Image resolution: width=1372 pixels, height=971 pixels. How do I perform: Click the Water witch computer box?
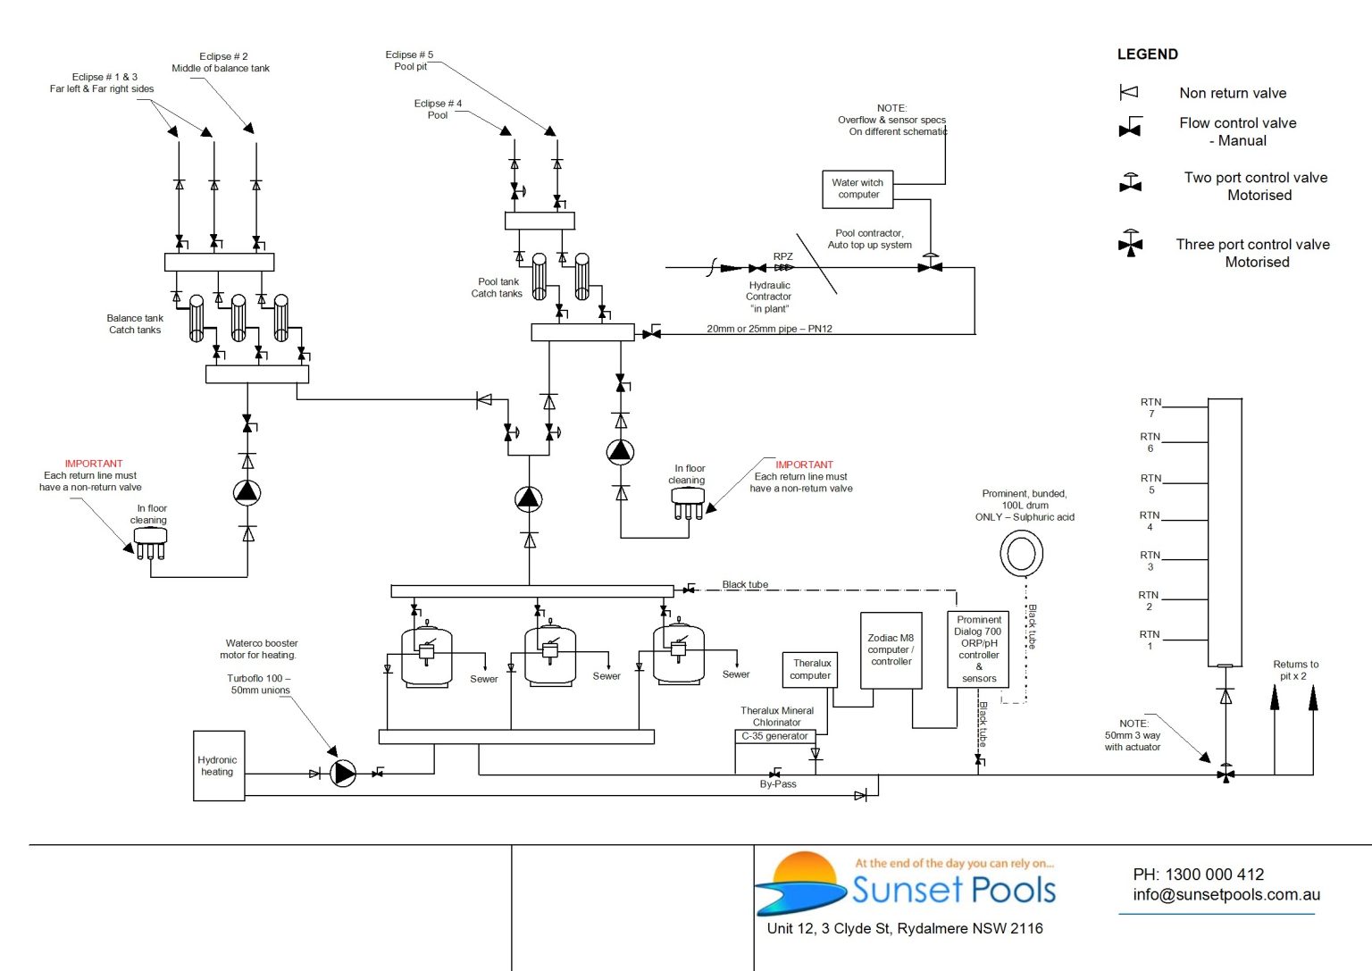(857, 188)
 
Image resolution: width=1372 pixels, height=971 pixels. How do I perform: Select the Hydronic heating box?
(219, 766)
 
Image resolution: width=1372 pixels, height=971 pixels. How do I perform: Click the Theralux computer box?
(810, 670)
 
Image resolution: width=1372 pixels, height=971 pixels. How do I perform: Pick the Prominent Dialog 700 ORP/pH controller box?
(978, 649)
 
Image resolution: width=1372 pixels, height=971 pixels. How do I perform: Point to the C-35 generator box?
(774, 737)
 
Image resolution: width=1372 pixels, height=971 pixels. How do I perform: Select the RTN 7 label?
(1150, 407)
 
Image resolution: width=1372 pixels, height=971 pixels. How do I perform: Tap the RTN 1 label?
(1150, 640)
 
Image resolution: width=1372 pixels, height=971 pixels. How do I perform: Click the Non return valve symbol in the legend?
(1129, 93)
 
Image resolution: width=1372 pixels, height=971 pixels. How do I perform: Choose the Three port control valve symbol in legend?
(1131, 244)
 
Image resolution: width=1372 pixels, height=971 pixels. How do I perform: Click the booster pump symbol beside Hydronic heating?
(343, 774)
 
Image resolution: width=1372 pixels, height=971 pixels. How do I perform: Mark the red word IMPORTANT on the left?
(94, 464)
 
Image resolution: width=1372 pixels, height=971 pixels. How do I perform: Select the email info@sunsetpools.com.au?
(1226, 895)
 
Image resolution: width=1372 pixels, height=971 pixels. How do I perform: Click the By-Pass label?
(778, 784)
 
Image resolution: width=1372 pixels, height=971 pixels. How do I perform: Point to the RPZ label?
(782, 256)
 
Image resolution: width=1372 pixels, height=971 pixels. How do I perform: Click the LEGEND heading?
(1147, 54)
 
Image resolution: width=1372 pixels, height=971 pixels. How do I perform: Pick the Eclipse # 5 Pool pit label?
(410, 61)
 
